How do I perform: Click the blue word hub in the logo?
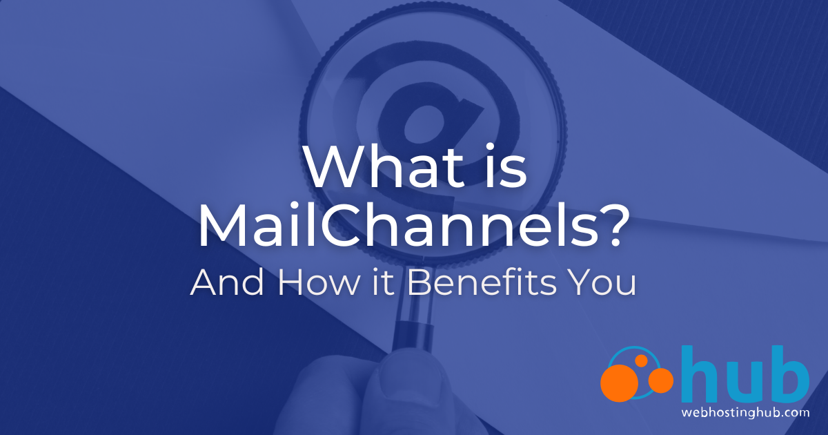click(x=745, y=376)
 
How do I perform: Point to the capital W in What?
click(x=331, y=168)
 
